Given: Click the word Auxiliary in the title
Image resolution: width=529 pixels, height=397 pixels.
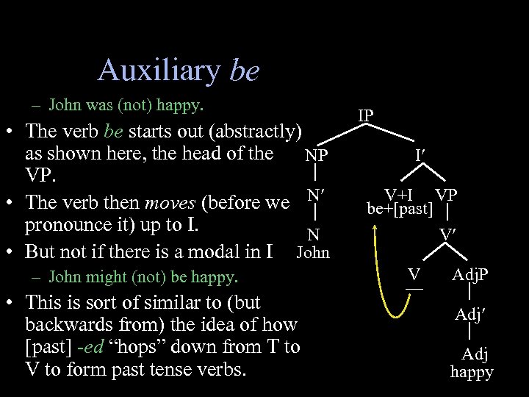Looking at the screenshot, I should pos(158,71).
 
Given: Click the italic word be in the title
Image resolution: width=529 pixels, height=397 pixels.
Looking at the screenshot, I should pos(244,71).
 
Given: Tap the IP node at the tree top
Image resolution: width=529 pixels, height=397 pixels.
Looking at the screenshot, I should pos(365,115).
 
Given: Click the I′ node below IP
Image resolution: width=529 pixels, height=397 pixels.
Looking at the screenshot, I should pos(420,156).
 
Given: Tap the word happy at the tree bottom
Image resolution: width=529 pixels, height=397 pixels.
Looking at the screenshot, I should pos(472,372).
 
